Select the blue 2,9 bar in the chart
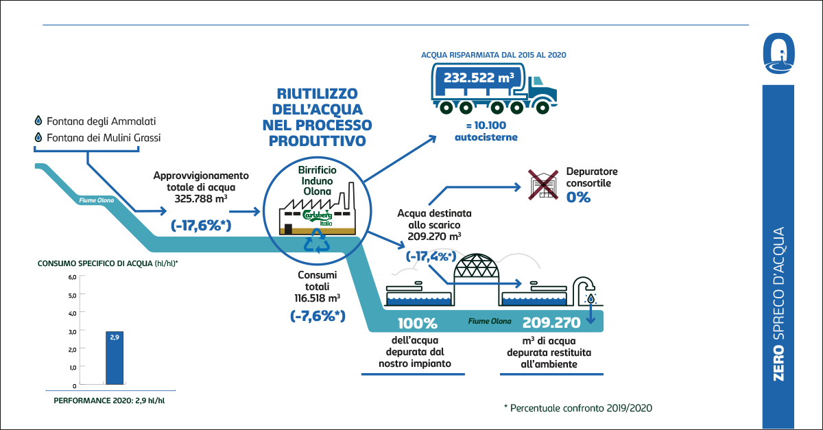(x=115, y=357)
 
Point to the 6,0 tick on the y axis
(x=72, y=277)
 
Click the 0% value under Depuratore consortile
(x=577, y=197)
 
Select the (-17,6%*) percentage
(x=200, y=226)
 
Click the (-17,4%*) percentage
(x=431, y=256)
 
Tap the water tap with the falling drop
(x=585, y=289)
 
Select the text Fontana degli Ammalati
(x=102, y=121)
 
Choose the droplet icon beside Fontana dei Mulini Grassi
(x=38, y=138)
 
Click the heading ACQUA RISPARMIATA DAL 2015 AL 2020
(x=493, y=53)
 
